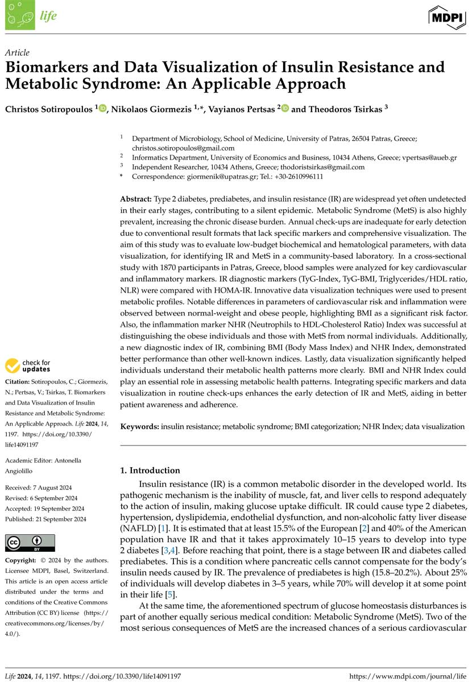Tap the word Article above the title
(18, 53)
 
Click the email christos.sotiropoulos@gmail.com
(183, 148)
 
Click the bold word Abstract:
(135, 199)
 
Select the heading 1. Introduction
(150, 471)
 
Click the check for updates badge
(28, 365)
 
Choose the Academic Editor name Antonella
(69, 460)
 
